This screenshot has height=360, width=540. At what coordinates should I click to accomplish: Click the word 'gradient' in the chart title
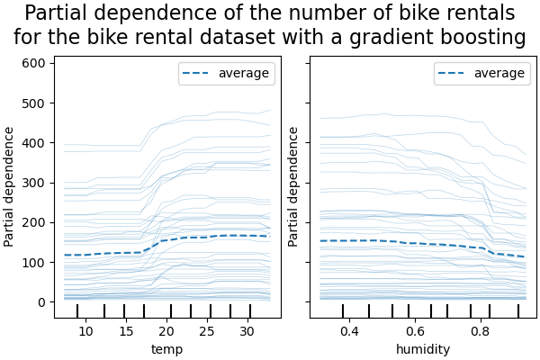(417, 38)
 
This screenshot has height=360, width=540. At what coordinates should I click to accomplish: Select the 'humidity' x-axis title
(422, 348)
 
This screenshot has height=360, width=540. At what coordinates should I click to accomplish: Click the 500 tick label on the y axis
(34, 103)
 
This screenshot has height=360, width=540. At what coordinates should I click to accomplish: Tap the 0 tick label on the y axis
(41, 301)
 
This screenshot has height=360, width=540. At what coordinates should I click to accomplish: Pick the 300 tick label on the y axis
(34, 183)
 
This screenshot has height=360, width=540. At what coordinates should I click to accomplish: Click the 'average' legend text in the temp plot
(243, 74)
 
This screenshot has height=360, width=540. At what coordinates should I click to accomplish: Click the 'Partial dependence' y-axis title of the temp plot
(10, 186)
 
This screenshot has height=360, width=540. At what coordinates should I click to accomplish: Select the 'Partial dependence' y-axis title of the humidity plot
(293, 186)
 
